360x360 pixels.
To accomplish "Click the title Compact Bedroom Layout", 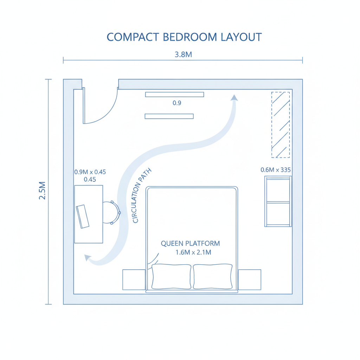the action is pos(184,37).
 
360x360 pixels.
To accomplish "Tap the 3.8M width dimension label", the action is pos(183,54).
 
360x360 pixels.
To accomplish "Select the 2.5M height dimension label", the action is pos(42,190).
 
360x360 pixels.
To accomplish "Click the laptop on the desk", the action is pos(83,217).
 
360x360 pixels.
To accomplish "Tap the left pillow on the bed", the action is pos(171,276).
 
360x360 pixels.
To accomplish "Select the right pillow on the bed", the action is pos(213,276).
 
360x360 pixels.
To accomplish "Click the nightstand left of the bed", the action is pos(134,279).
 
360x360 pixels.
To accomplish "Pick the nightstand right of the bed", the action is pos(250,279).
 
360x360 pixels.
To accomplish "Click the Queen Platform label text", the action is pos(190,243).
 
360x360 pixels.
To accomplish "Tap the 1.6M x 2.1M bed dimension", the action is pos(193,252).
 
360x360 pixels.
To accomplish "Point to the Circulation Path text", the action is pos(142,195).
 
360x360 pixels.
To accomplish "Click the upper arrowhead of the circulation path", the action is pos(234,98).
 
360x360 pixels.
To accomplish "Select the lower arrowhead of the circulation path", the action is pos(88,257).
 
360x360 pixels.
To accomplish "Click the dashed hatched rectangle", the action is pos(281,125).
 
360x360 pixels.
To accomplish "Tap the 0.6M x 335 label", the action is pos(276,170).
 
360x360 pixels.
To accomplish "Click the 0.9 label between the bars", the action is pos(177,103).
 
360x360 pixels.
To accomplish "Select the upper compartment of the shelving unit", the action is pos(278,190).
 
